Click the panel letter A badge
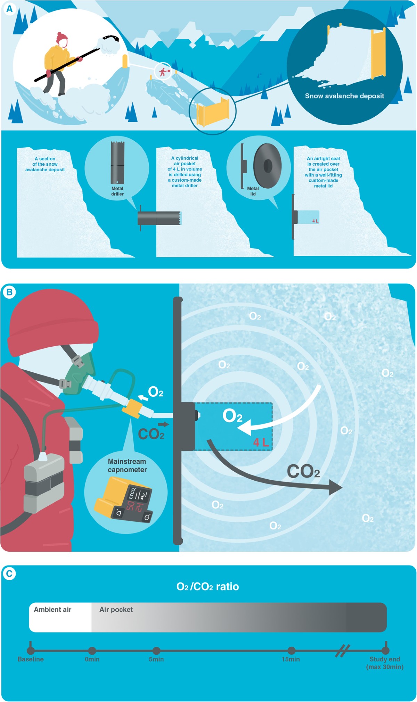pyautogui.click(x=9, y=9)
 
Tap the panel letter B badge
pyautogui.click(x=9, y=292)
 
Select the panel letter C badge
pyautogui.click(x=9, y=573)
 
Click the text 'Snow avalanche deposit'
pyautogui.click(x=344, y=96)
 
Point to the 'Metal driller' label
pyautogui.click(x=117, y=191)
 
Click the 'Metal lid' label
pyautogui.click(x=253, y=191)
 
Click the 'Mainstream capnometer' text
pyautogui.click(x=127, y=465)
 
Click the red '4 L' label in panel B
pyautogui.click(x=261, y=442)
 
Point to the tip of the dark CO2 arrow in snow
pyautogui.click(x=342, y=487)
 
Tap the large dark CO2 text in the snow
pyautogui.click(x=303, y=472)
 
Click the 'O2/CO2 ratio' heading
pyautogui.click(x=208, y=587)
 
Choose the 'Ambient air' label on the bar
pyautogui.click(x=52, y=609)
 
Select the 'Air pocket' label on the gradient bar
pyautogui.click(x=116, y=609)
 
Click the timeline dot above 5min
pyautogui.click(x=156, y=650)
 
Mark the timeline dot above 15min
pyautogui.click(x=292, y=650)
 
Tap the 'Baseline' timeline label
pyautogui.click(x=31, y=659)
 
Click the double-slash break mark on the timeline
pyautogui.click(x=343, y=650)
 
